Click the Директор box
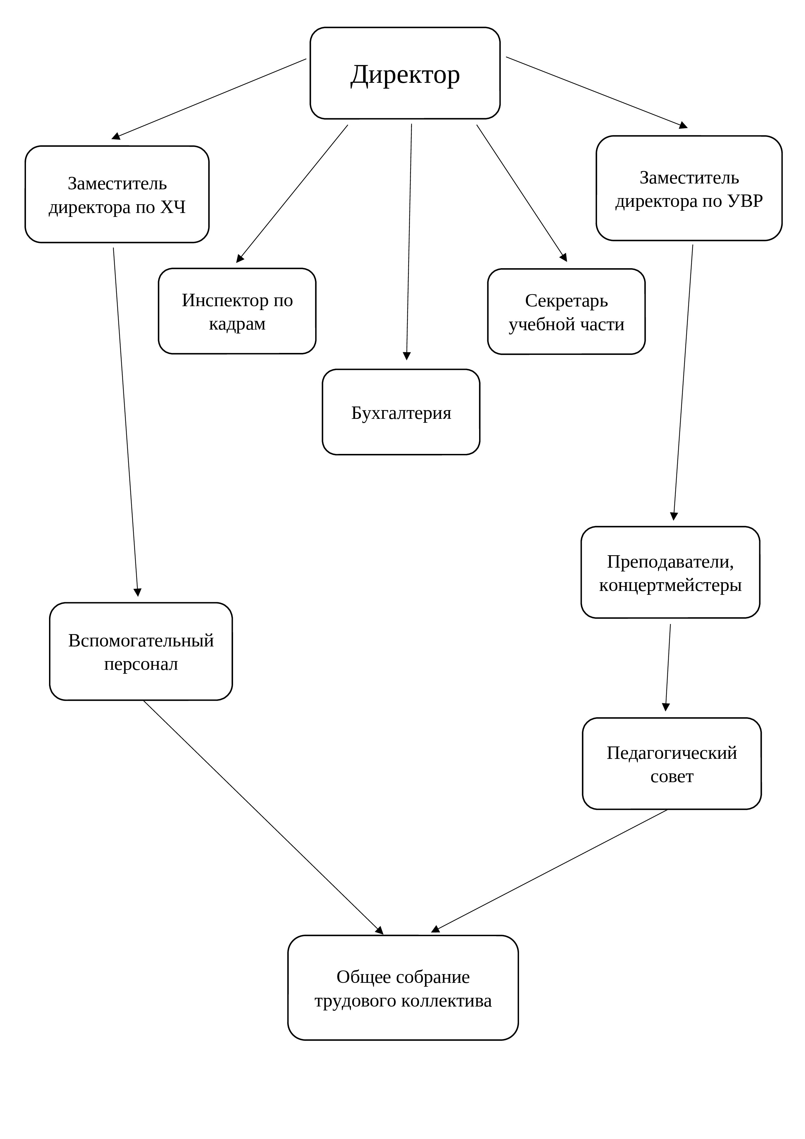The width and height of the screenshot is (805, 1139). click(x=405, y=73)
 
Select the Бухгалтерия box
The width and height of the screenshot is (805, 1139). click(x=401, y=412)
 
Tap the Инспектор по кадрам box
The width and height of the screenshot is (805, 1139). click(x=237, y=311)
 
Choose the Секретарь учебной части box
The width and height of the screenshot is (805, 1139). click(x=566, y=312)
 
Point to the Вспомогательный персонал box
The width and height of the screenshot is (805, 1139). click(x=141, y=651)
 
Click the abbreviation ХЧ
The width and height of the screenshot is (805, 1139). click(x=173, y=207)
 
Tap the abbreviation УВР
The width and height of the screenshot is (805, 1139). click(x=745, y=201)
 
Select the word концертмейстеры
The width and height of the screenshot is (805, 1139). click(x=670, y=585)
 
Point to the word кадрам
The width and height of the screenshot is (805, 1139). click(x=237, y=324)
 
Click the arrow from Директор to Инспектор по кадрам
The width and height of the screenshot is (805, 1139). click(x=292, y=194)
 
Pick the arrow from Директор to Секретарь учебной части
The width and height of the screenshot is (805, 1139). click(x=522, y=193)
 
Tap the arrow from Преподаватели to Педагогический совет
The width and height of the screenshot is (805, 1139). click(x=668, y=667)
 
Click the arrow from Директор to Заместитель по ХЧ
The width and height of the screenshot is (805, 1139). click(x=209, y=99)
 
